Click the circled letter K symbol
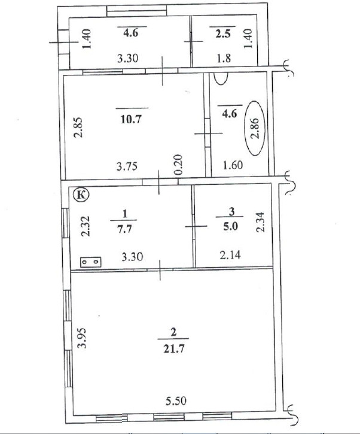point(81,195)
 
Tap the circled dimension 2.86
point(255,128)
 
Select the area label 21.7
point(173,349)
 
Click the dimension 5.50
point(176,401)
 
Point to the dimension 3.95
point(82,338)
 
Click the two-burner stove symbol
point(91,262)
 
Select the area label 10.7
point(131,119)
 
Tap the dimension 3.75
point(127,166)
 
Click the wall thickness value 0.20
point(179,165)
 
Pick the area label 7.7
point(125,229)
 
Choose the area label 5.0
point(231,226)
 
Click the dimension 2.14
point(230,254)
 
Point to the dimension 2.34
point(261,221)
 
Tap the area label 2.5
point(223,34)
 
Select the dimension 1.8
point(224,59)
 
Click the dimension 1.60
point(233,165)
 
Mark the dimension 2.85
point(78,128)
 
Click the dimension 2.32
point(86,226)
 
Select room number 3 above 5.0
point(231,212)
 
